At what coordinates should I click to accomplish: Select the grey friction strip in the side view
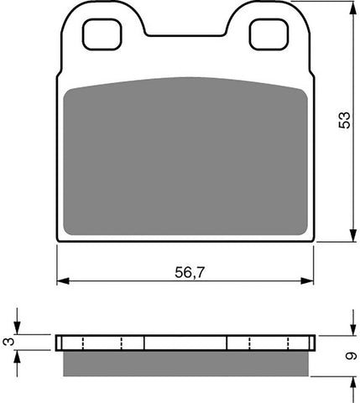(x=189, y=363)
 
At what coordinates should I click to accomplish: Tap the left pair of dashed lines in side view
(x=103, y=343)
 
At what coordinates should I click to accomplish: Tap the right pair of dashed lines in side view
(x=269, y=343)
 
